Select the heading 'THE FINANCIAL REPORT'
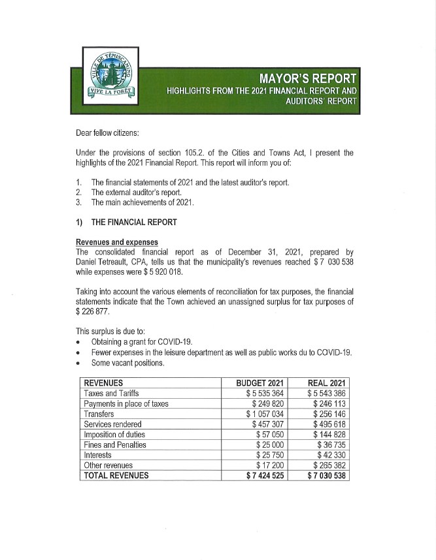click(x=133, y=222)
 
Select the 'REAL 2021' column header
click(x=326, y=383)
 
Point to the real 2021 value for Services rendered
click(x=329, y=424)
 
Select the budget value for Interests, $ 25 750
click(x=273, y=455)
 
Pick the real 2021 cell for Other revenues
click(x=328, y=465)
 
